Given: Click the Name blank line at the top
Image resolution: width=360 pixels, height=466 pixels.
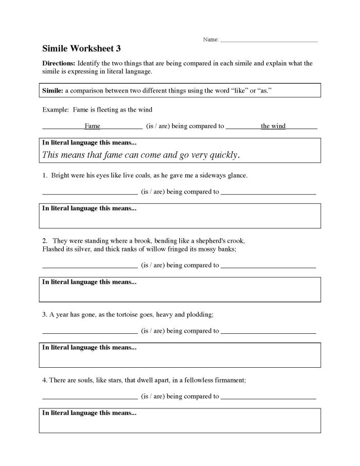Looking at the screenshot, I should (x=268, y=40).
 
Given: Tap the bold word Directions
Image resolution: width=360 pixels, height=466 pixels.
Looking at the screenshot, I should (x=59, y=63).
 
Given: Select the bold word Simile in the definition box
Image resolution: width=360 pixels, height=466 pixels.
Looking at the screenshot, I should (x=52, y=91).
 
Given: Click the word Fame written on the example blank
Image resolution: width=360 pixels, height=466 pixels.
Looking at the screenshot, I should (x=93, y=126).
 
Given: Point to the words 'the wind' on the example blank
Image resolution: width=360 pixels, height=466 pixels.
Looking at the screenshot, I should (x=273, y=126).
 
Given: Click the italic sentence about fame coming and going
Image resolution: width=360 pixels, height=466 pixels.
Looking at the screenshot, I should (x=141, y=154).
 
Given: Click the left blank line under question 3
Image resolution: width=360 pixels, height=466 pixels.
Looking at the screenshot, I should (x=89, y=332).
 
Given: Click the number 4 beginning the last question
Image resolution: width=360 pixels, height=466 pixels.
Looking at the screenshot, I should (x=44, y=380).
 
